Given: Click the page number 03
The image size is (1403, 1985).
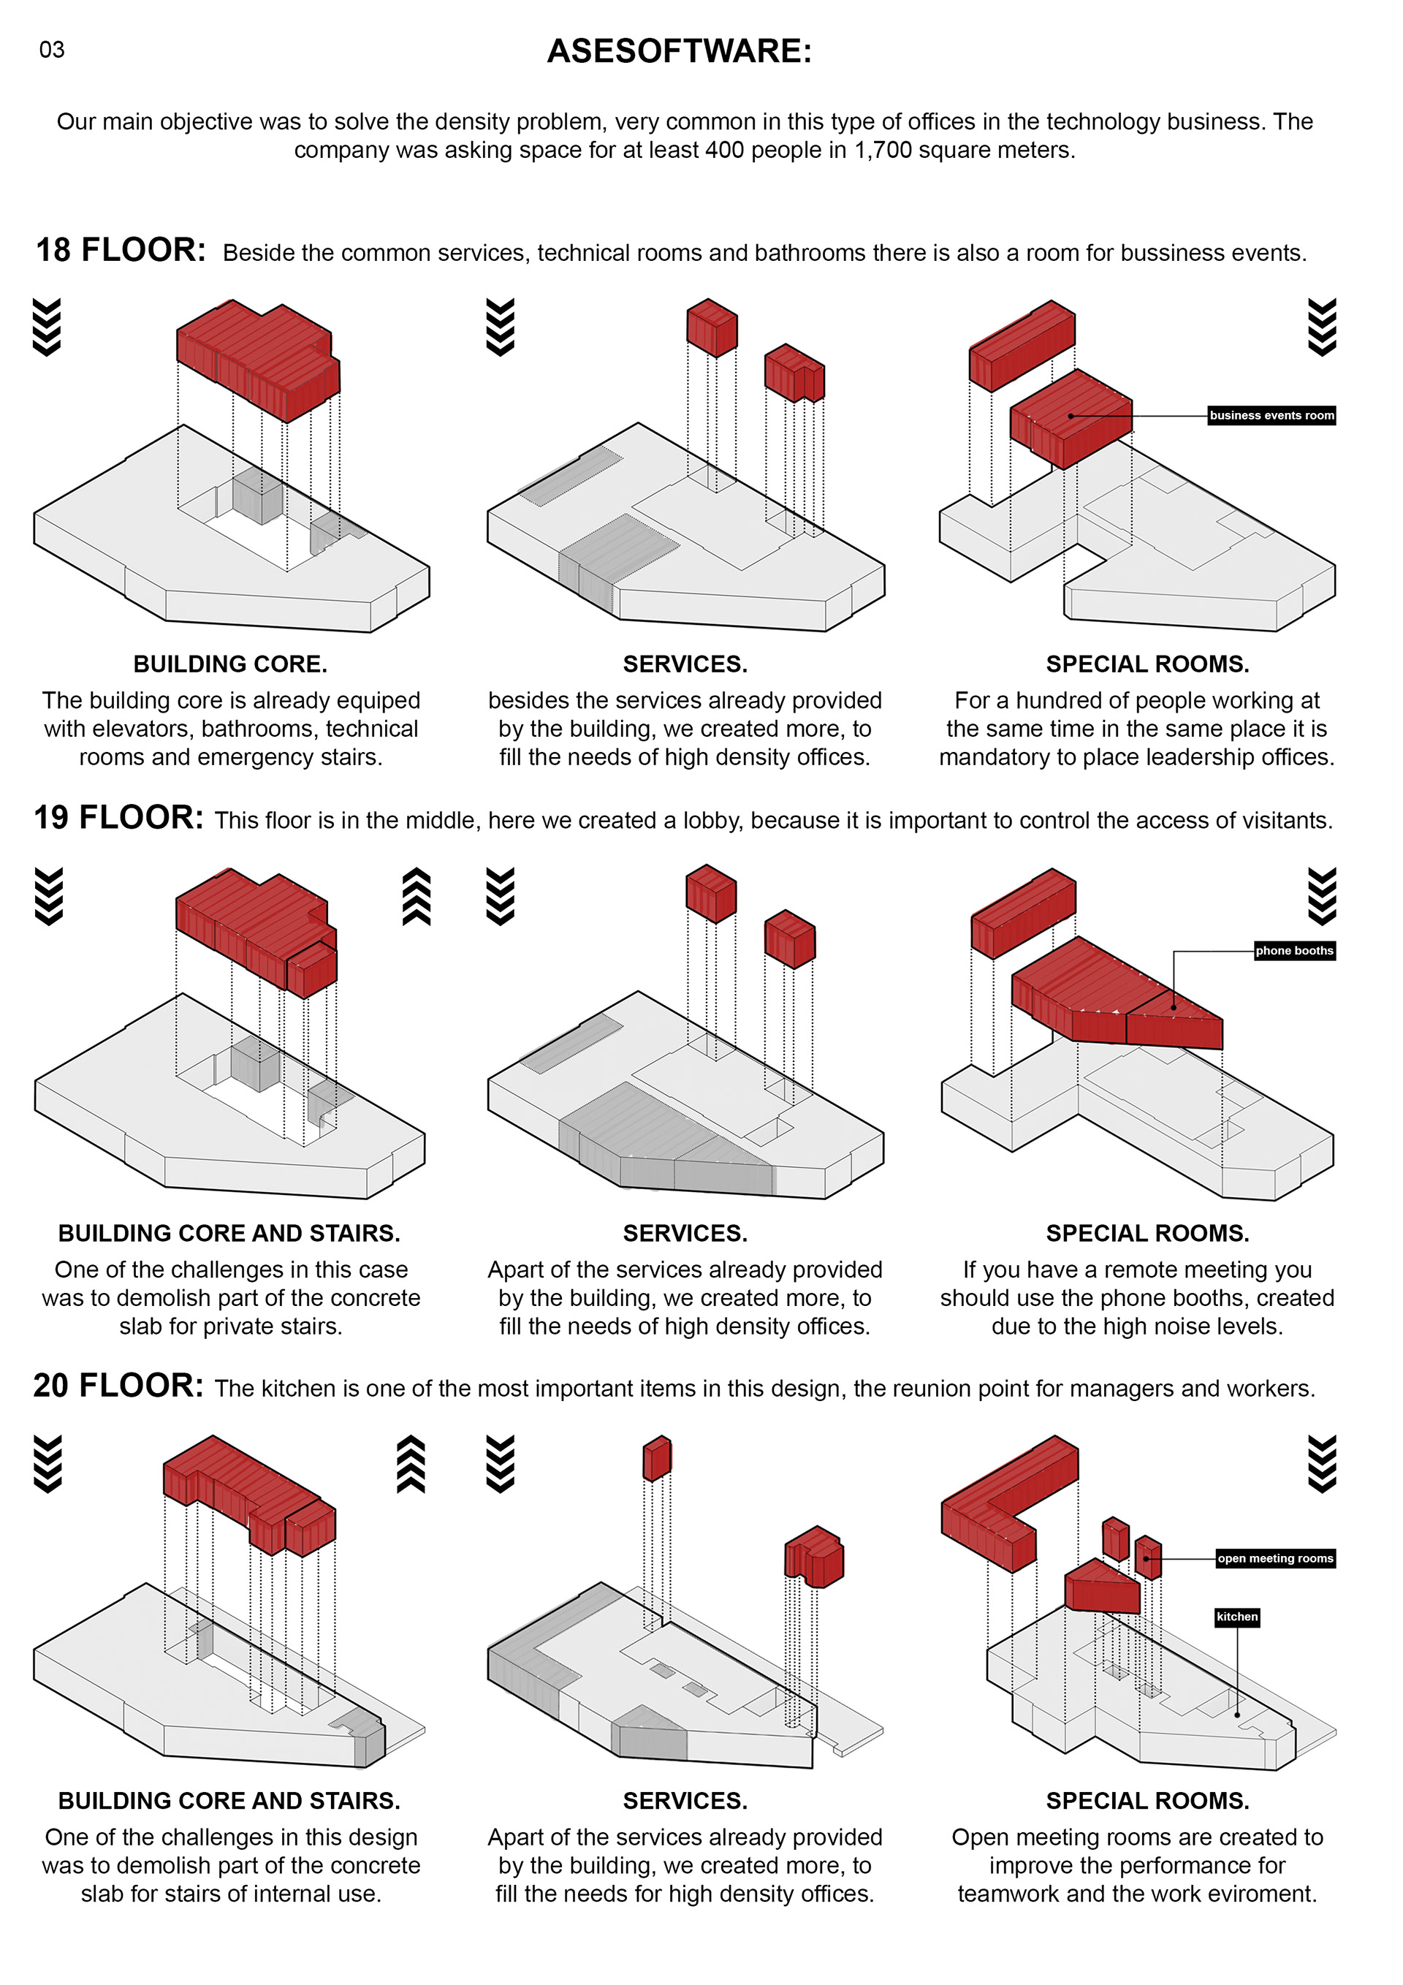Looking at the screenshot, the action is pos(52,50).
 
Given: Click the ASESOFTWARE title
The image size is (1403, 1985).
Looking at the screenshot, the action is pos(680,51).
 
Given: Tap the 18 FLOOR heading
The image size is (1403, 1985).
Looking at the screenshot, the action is pos(120,251).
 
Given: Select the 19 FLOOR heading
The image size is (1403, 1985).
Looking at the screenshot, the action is pos(118,818).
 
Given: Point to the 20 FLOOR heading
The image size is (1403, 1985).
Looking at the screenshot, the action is pos(118,1386).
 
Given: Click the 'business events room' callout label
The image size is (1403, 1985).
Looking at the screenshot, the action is pos(1271,416).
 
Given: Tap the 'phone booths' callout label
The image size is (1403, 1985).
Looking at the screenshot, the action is pos(1294,951).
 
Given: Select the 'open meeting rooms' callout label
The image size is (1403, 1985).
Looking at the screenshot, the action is pos(1275,1559).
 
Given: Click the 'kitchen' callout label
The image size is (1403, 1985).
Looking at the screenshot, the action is pos(1237,1617).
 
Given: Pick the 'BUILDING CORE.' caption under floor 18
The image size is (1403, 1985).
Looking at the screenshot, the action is pos(230,664).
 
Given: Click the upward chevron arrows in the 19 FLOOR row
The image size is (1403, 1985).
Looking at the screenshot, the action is pos(417,897).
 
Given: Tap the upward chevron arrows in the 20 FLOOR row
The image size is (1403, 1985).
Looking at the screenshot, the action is pos(411,1464).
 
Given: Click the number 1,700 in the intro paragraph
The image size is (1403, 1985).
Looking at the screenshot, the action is pos(883,151).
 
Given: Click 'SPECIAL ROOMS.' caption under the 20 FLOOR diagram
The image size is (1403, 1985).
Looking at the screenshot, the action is pos(1147,1801).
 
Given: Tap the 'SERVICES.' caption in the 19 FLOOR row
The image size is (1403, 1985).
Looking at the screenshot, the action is pos(685,1233).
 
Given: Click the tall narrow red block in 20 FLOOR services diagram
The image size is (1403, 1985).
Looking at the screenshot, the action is pos(657,1459).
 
